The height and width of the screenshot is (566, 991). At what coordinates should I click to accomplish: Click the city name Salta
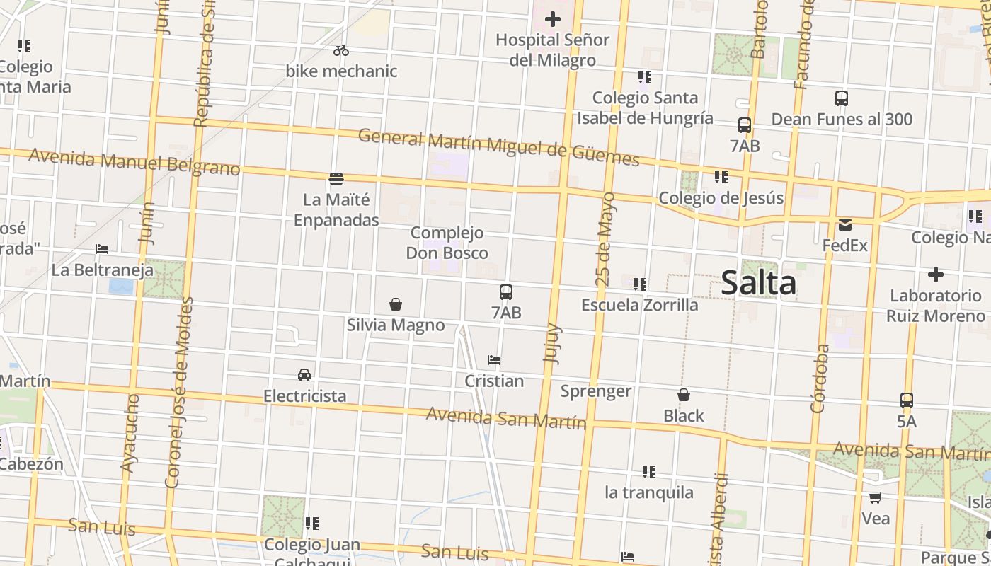point(758,283)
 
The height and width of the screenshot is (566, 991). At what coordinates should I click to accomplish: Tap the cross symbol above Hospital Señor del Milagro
point(552,19)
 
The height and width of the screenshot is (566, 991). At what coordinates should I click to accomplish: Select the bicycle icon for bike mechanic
point(341,50)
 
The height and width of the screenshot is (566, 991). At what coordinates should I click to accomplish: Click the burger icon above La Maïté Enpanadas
point(336,179)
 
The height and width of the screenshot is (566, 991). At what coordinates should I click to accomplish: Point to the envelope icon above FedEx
point(844,225)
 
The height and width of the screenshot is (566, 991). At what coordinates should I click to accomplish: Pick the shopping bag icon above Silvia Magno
point(396,304)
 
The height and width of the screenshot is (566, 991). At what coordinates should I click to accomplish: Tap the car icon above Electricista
point(304,374)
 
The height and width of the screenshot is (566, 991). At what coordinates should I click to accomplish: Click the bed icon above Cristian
point(494,360)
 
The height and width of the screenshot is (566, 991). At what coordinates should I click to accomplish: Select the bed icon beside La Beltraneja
point(102,249)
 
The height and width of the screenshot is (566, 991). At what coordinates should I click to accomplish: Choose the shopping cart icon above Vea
point(876,497)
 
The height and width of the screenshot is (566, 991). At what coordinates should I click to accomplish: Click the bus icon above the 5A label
point(907,400)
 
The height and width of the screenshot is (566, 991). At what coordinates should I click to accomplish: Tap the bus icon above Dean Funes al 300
point(842,98)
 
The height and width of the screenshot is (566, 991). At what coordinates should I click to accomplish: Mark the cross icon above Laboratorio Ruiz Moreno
point(935,274)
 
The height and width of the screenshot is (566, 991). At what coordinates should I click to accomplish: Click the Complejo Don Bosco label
point(447,243)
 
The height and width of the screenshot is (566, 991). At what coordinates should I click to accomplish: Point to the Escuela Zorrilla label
point(639,305)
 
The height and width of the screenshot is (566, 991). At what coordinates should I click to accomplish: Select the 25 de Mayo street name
point(605,239)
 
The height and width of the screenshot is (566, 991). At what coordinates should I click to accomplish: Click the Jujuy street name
point(551,343)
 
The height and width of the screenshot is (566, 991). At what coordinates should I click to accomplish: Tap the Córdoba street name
point(819,379)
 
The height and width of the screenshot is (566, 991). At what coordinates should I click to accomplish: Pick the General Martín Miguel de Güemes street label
point(498,147)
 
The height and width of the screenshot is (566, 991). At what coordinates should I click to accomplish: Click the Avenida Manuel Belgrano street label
point(134,161)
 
